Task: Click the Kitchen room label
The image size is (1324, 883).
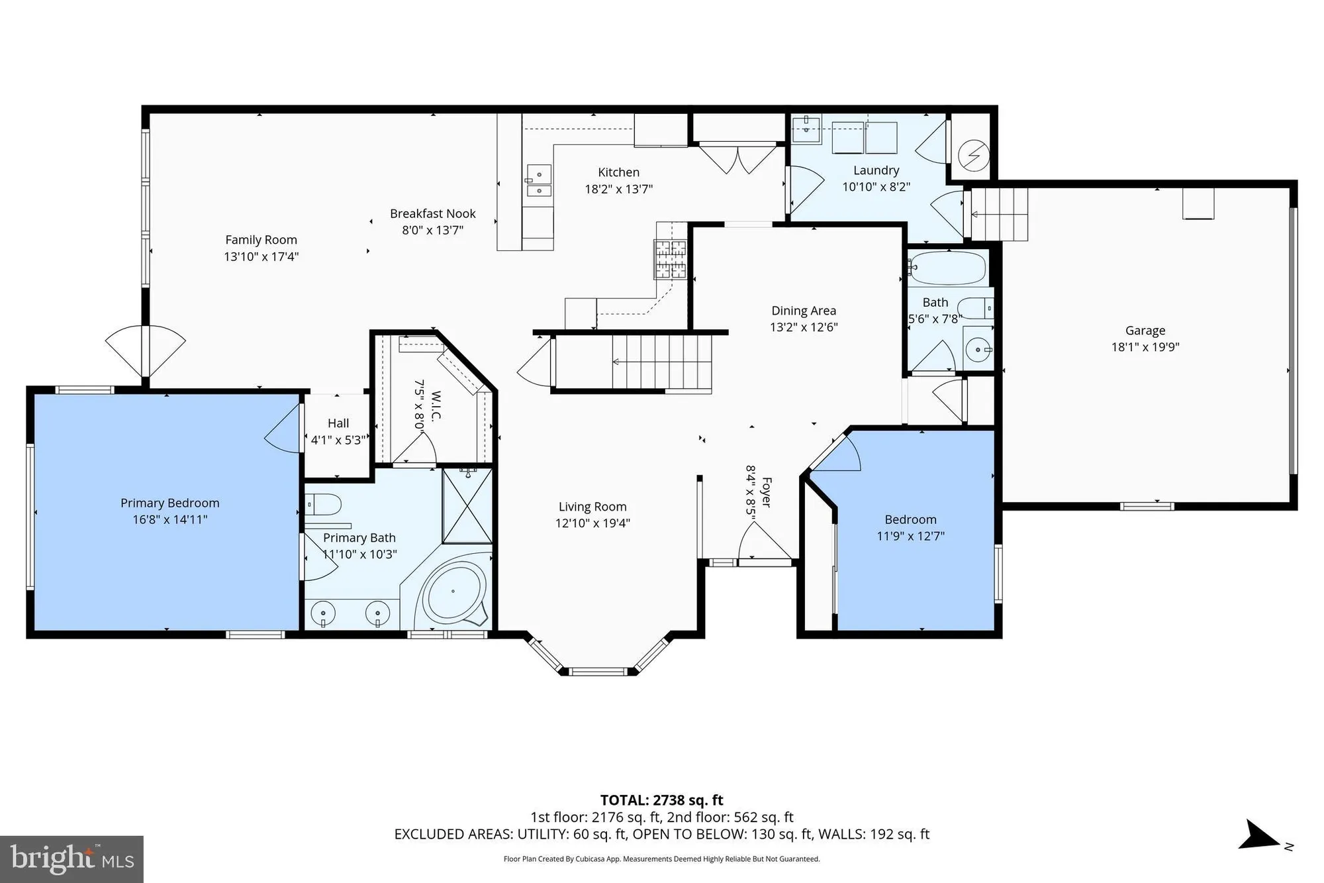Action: click(x=618, y=172)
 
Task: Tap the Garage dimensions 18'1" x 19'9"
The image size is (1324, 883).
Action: click(x=1145, y=347)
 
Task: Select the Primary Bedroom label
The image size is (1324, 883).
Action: click(x=169, y=503)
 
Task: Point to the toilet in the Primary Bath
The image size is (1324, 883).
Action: click(x=324, y=505)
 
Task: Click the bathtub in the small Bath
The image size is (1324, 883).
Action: click(x=949, y=268)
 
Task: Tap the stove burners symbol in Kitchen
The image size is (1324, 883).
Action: click(x=671, y=259)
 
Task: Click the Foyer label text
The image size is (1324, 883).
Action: click(x=767, y=492)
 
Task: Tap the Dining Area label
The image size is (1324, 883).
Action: click(x=804, y=311)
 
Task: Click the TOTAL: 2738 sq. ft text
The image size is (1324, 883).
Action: click(x=661, y=800)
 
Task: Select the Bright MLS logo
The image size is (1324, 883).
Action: click(x=71, y=859)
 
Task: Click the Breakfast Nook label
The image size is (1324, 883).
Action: click(x=432, y=214)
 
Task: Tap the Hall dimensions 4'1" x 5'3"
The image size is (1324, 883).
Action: click(x=338, y=440)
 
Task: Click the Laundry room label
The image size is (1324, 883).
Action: click(x=876, y=171)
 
